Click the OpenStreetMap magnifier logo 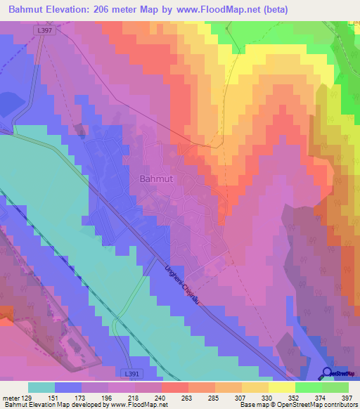coord(328,373)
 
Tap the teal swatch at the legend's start coord(41,387)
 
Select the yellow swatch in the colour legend coord(281,387)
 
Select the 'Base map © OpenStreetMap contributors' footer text coord(297,405)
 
